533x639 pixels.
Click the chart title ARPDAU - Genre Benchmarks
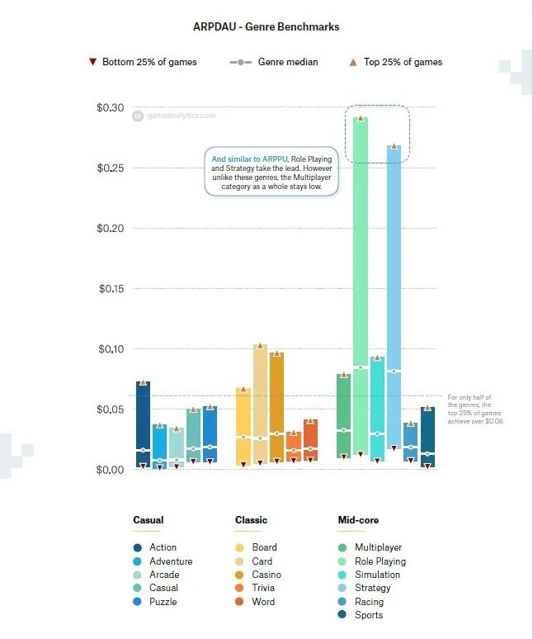point(266,27)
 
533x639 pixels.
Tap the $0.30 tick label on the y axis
point(110,108)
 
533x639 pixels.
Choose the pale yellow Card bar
point(260,405)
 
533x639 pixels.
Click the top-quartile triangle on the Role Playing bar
point(360,118)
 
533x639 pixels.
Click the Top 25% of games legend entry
point(395,62)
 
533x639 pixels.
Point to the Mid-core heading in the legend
point(358,520)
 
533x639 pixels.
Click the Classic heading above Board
point(251,520)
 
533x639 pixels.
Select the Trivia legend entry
point(257,588)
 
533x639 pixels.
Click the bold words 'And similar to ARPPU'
point(241,159)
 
